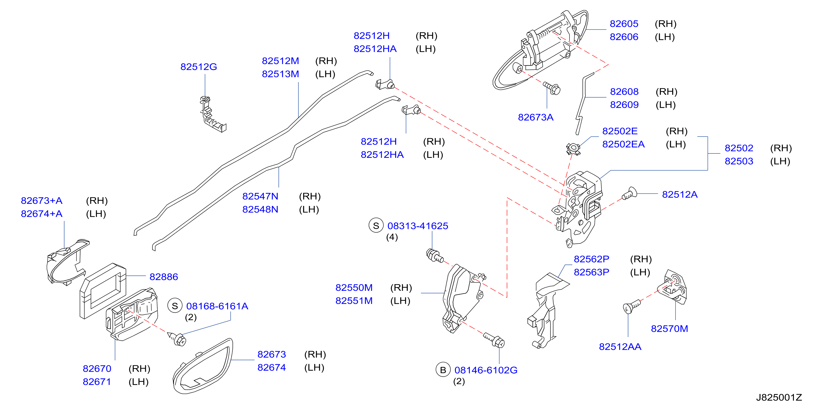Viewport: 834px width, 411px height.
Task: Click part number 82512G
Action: click(x=198, y=67)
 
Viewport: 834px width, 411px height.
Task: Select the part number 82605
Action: click(x=624, y=24)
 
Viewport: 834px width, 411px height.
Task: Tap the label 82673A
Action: click(x=536, y=117)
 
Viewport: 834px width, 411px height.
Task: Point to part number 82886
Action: click(x=163, y=277)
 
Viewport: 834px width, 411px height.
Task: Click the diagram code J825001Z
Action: click(x=779, y=397)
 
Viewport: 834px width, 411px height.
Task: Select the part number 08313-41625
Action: click(x=418, y=226)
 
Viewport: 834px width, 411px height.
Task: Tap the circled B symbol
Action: click(x=443, y=370)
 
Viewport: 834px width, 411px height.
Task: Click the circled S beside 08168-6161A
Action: click(x=175, y=306)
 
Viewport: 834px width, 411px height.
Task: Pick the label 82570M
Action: click(x=669, y=329)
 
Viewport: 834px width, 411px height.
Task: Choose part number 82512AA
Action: click(x=620, y=347)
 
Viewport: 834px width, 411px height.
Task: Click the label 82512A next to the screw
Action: click(x=680, y=194)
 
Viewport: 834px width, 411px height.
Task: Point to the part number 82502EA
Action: click(x=623, y=144)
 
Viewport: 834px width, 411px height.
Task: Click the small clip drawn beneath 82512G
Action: click(x=212, y=114)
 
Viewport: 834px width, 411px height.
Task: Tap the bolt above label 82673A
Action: click(x=552, y=88)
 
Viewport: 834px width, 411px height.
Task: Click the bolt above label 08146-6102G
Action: click(x=494, y=339)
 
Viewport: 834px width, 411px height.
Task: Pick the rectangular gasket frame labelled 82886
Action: click(x=103, y=291)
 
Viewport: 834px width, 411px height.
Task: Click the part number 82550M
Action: click(x=354, y=287)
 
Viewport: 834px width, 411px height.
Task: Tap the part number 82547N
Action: click(x=260, y=196)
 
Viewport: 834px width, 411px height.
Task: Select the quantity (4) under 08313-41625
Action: click(x=392, y=237)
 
